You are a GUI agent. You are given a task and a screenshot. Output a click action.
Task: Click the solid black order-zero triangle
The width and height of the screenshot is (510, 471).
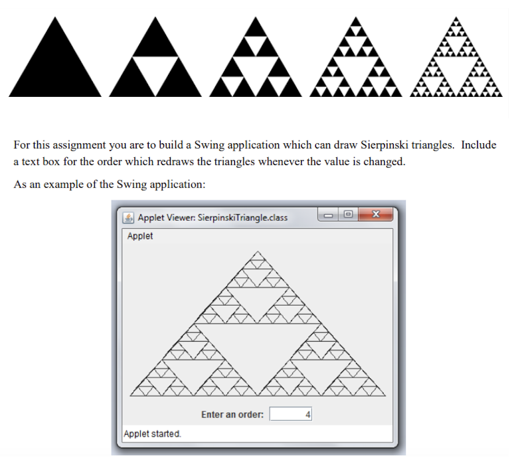coord(55,65)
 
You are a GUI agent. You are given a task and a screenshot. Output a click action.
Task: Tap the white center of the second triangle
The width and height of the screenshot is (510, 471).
coord(155,72)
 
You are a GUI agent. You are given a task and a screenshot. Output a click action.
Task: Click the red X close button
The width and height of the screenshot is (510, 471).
coord(376,214)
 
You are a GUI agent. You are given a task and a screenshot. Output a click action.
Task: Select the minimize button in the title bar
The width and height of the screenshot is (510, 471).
coord(328,215)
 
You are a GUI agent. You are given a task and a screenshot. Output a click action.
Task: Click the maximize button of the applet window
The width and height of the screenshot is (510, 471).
coord(349,214)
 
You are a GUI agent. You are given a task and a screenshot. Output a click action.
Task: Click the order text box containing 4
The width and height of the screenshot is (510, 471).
coord(291,414)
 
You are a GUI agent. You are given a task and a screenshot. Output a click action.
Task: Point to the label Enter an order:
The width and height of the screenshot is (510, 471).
coord(232,415)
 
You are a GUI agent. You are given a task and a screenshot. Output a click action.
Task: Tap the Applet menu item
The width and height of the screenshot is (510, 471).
coord(140,236)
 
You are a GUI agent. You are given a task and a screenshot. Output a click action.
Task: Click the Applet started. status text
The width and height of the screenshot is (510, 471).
coord(152,434)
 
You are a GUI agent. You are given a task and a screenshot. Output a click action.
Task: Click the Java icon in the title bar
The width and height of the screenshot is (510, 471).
coord(128,218)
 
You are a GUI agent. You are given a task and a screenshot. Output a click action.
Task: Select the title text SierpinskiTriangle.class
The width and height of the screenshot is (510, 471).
coord(242,218)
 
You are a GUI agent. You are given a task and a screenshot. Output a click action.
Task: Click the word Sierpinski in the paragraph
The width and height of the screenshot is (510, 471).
coord(384,145)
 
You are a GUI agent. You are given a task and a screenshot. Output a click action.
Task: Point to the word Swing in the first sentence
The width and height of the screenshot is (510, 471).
coord(209,145)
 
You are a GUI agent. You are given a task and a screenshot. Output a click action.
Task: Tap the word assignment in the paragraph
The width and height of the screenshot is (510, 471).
coord(80,145)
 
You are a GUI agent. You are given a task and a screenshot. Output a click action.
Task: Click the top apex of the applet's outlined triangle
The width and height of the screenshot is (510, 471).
coord(258,251)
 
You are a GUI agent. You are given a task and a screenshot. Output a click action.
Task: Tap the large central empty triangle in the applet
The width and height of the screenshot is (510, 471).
coord(258,348)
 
